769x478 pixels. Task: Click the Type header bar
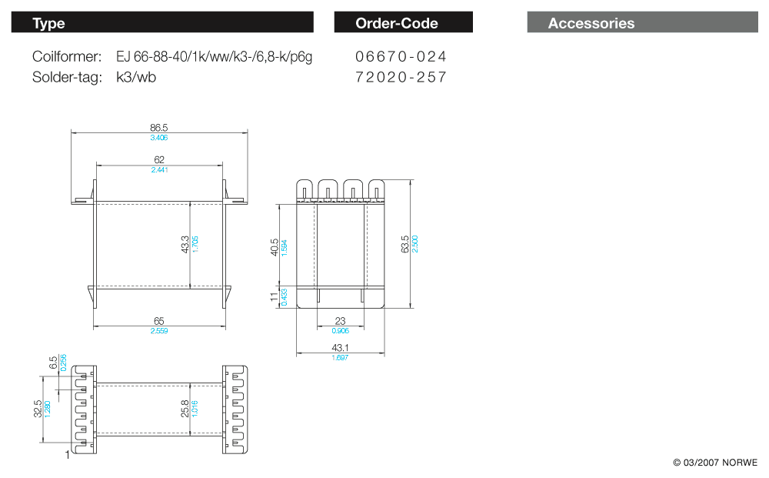(x=162, y=22)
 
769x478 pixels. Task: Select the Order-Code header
(x=403, y=22)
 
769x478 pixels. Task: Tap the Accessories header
(x=642, y=22)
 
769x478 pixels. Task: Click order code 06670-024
(x=401, y=57)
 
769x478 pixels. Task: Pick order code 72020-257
(x=401, y=77)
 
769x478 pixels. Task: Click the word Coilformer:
(x=67, y=57)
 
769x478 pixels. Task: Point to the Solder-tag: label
(x=67, y=77)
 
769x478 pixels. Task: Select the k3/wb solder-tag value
(x=136, y=77)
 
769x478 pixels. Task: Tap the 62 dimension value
(x=159, y=159)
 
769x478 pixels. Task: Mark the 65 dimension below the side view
(x=159, y=320)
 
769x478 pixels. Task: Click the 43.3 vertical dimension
(x=185, y=245)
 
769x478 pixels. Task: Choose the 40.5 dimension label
(x=275, y=248)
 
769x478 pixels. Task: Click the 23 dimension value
(x=339, y=321)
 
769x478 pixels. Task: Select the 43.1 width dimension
(x=339, y=348)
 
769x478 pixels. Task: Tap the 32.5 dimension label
(x=38, y=408)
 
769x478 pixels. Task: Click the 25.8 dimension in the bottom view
(x=185, y=408)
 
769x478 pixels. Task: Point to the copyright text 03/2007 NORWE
(x=715, y=463)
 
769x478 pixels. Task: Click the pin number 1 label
(x=68, y=455)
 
